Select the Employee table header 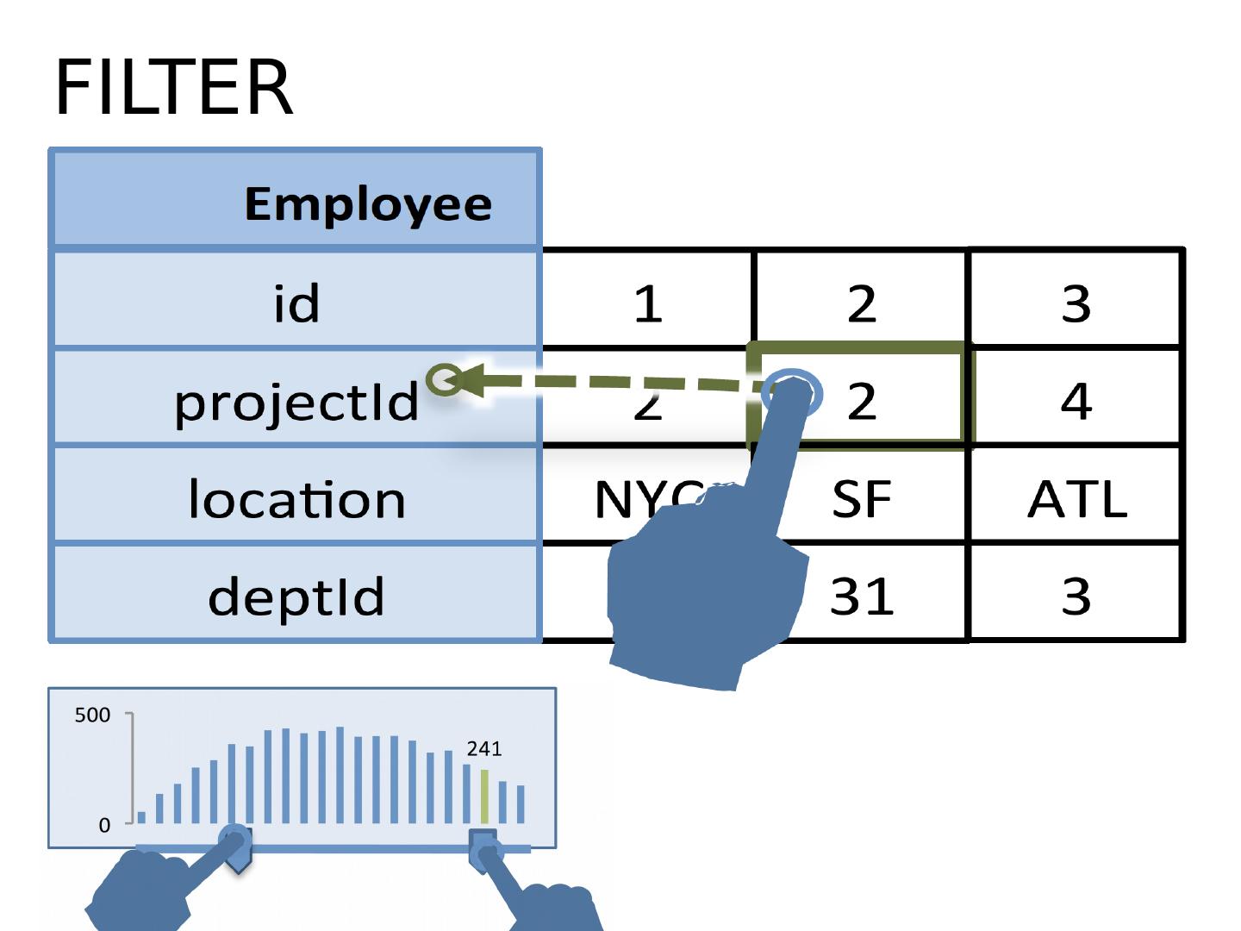368,203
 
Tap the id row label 296,303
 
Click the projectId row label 296,402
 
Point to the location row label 296,499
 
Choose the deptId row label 296,597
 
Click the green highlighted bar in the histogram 484,797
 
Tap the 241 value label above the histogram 484,749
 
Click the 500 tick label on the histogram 92,715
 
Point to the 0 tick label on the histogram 104,825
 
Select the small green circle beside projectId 445,379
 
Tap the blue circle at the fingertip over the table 793,392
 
